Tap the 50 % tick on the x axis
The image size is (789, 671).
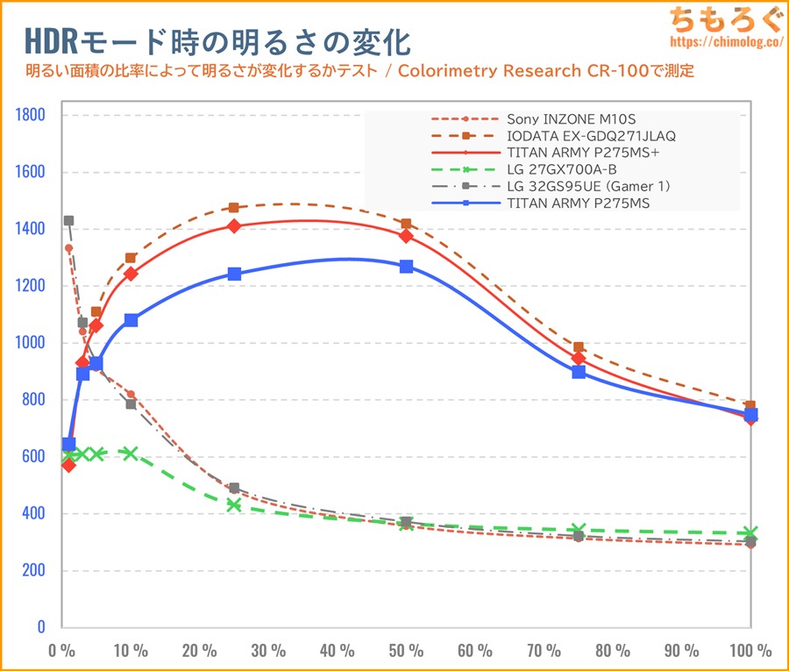pos(406,651)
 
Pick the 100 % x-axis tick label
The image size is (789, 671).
pos(750,651)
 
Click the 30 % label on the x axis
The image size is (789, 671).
pos(268,651)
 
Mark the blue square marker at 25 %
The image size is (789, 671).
pos(234,274)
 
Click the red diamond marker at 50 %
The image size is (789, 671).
pos(406,235)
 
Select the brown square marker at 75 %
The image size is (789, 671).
pos(579,347)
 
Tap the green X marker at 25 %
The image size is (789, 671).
pos(234,504)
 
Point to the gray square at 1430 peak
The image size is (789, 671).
pos(68,221)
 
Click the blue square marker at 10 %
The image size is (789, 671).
pos(131,320)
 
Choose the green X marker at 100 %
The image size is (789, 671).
pos(750,532)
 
